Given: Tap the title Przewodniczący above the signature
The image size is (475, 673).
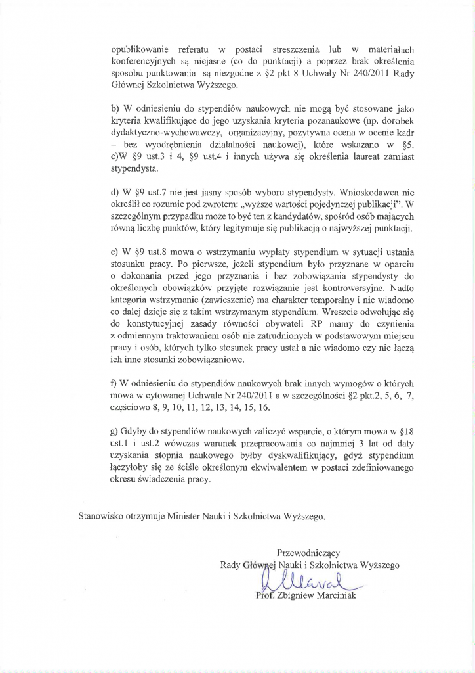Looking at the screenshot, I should click(x=309, y=552).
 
